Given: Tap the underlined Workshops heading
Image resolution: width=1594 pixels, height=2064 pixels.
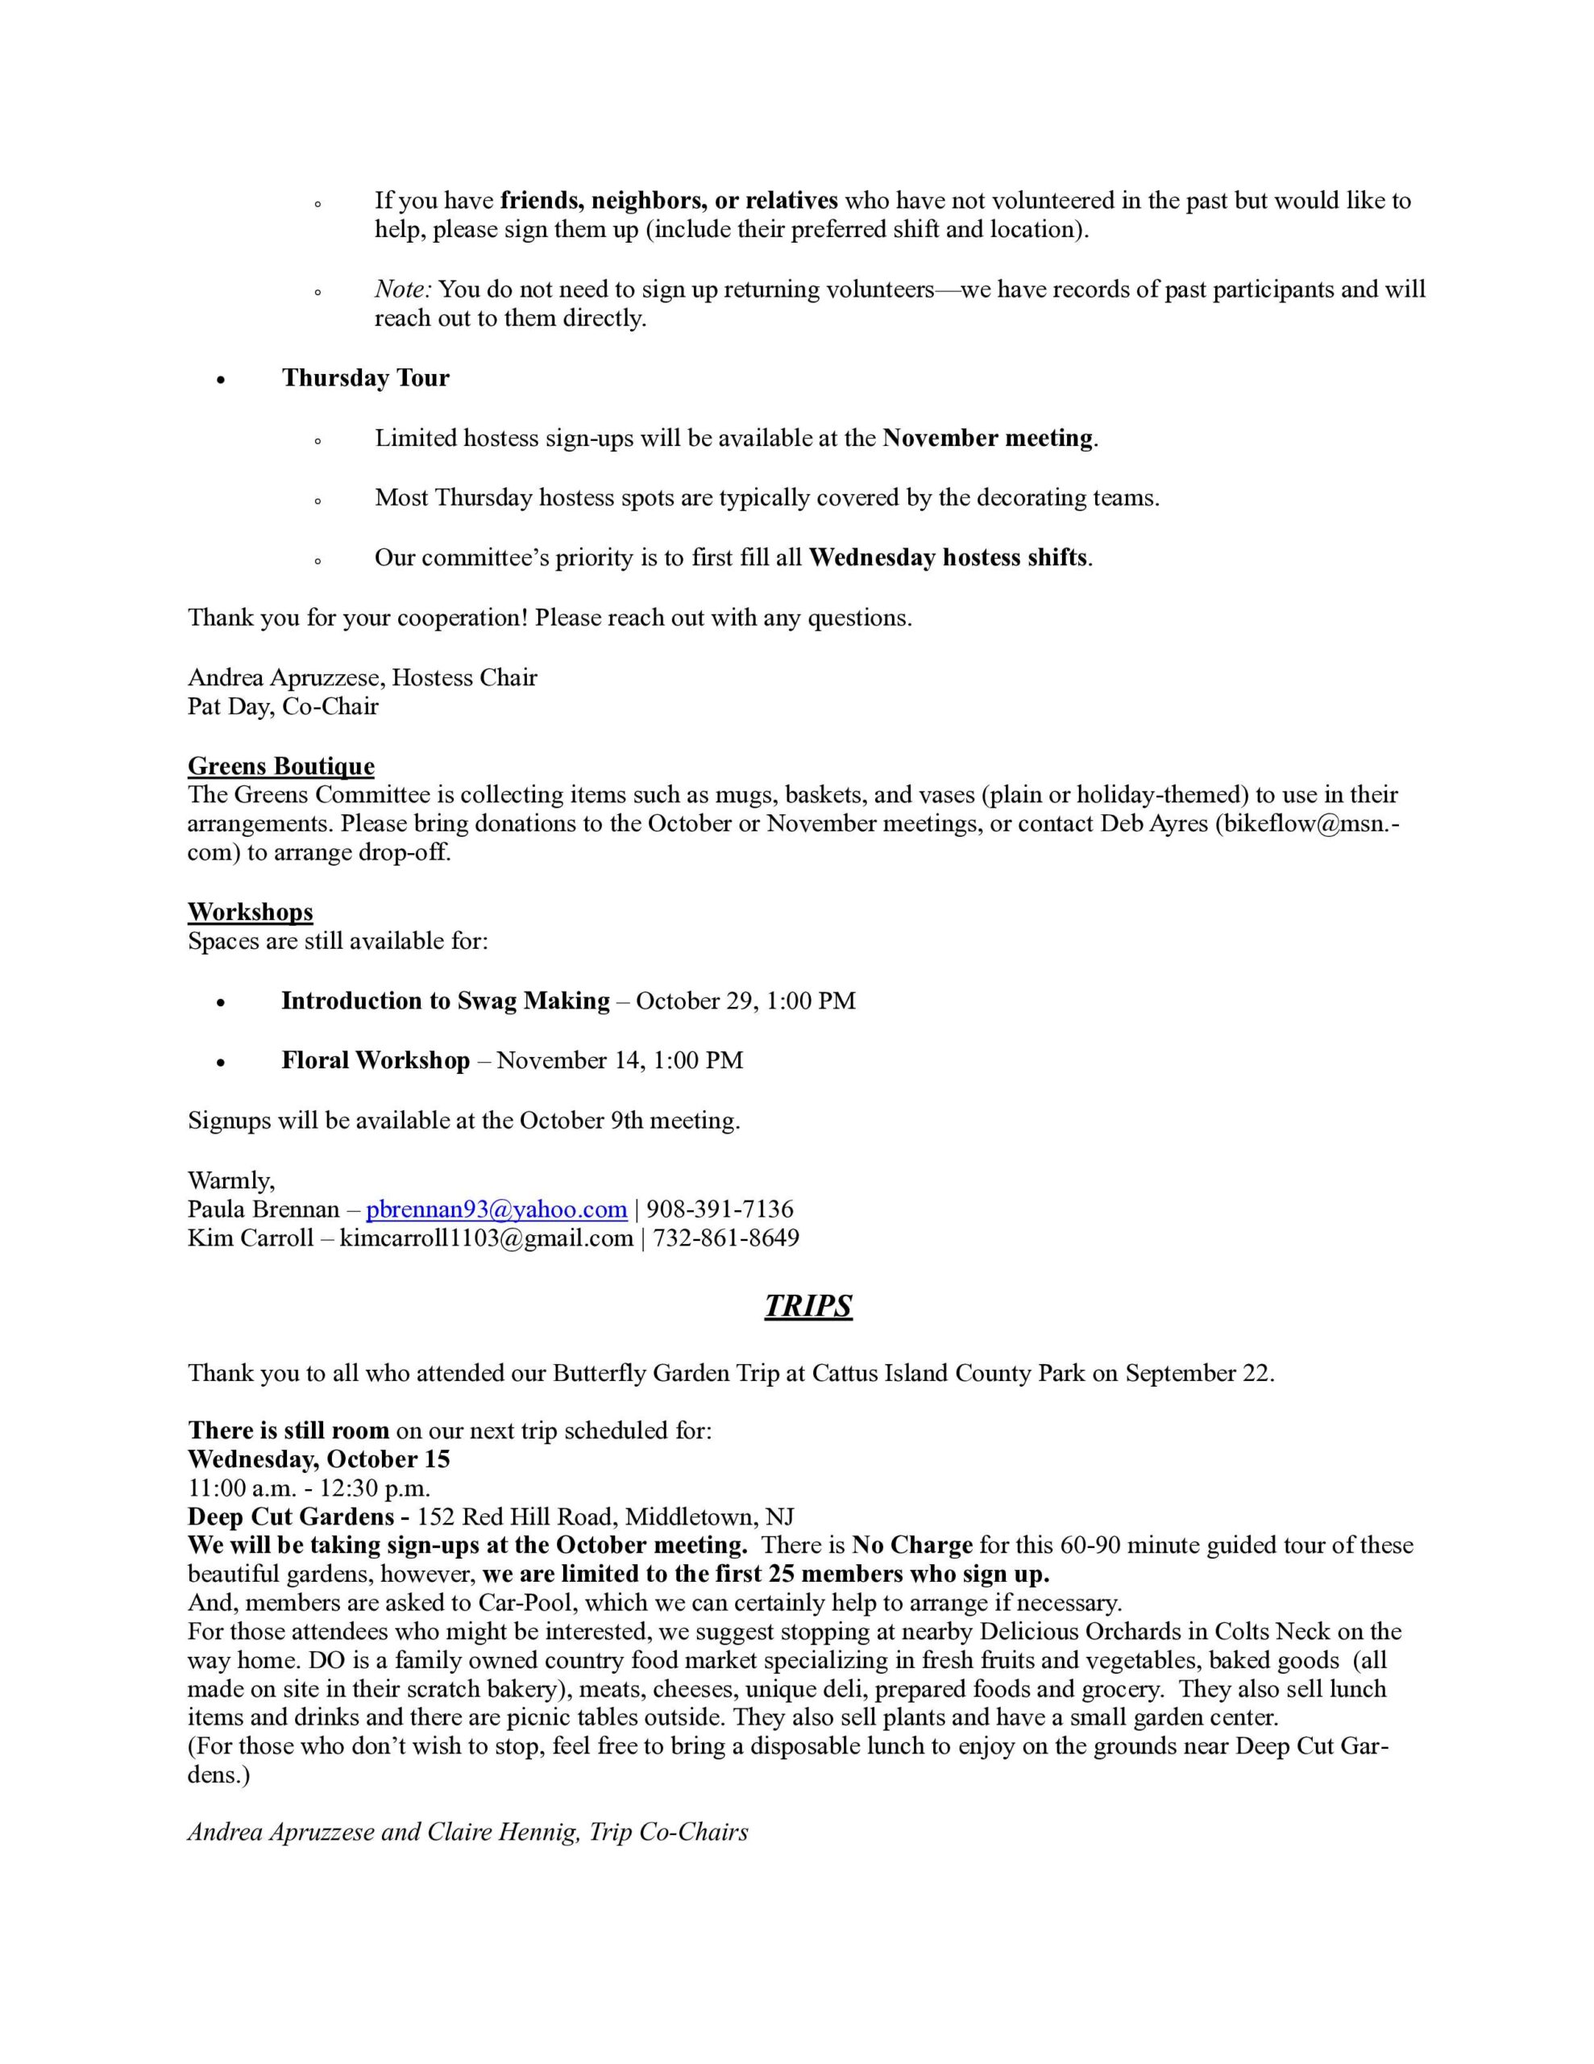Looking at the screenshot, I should (251, 911).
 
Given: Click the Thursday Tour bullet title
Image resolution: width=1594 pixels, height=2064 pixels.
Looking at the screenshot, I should (365, 378).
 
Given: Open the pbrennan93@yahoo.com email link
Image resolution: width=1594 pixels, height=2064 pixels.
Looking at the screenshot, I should (496, 1209).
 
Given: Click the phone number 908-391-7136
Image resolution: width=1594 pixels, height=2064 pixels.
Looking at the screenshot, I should (720, 1209).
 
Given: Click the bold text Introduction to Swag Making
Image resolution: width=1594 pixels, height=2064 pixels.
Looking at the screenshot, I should (445, 1000).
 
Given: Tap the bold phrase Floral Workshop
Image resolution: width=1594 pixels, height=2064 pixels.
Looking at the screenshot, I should (375, 1059).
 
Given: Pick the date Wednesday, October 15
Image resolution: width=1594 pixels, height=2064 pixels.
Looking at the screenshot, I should (318, 1459).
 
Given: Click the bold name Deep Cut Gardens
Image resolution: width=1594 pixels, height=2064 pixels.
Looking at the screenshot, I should (291, 1516).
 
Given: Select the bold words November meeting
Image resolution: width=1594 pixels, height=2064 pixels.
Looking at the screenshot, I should (987, 438).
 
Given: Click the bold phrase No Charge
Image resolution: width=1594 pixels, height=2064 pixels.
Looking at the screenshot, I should (911, 1544).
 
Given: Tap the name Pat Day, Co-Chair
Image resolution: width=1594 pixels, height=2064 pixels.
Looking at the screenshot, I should (283, 706).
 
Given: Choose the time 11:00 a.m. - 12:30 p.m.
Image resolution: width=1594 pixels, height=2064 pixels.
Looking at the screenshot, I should (309, 1488).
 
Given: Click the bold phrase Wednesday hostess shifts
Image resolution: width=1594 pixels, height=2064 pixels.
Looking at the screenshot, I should (948, 558).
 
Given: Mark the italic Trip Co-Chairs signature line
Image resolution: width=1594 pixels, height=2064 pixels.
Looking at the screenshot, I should (467, 1832).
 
